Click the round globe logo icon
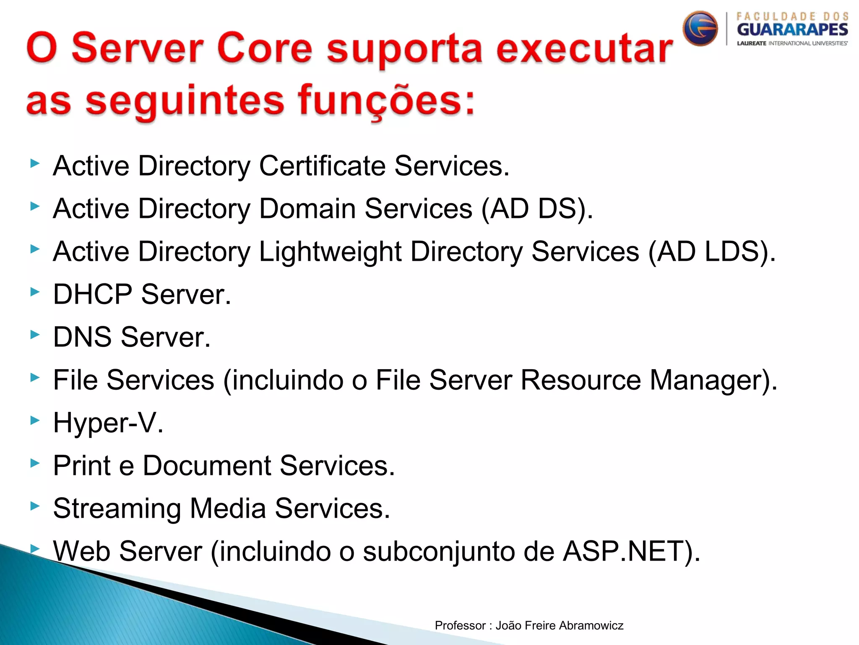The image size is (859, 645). (700, 28)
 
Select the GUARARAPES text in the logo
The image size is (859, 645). (792, 30)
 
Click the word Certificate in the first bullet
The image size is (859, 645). (322, 166)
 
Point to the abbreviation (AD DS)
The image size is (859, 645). (537, 209)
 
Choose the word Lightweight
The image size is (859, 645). (330, 252)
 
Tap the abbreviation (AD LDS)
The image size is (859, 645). (712, 252)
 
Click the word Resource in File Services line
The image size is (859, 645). (580, 380)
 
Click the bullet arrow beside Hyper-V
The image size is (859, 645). (35, 420)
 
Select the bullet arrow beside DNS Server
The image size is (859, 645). (35, 334)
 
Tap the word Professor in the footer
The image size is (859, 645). (460, 626)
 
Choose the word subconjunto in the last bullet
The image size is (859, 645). (439, 551)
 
